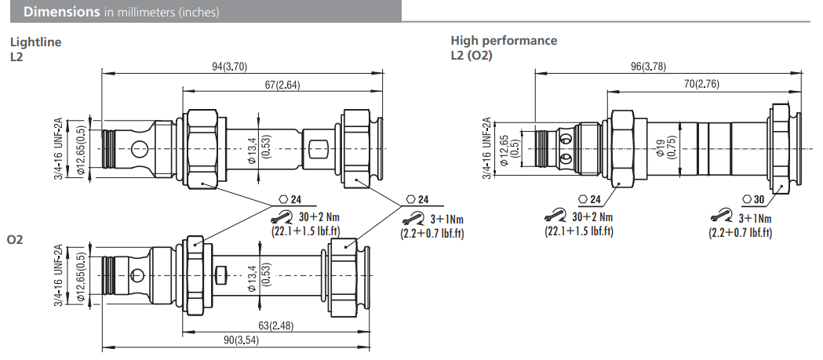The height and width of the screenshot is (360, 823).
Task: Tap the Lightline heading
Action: pos(35,42)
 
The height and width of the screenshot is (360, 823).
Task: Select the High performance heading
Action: pos(504,41)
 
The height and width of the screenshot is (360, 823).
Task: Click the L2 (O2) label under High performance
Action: pos(471,55)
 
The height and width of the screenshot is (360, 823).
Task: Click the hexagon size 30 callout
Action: pos(754,199)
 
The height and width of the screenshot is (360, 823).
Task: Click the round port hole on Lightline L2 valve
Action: pos(139,147)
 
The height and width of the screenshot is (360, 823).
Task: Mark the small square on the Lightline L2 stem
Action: pos(318,147)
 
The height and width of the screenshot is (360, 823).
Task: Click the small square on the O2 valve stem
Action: pos(220,275)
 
